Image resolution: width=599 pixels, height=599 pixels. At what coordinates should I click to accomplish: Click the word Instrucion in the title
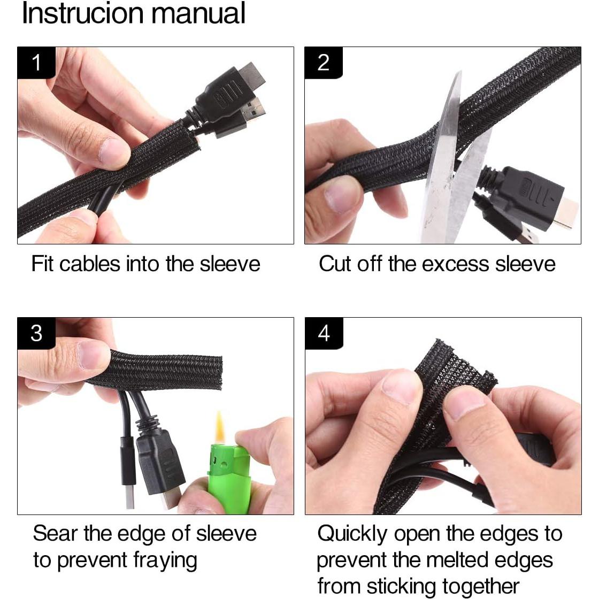(83, 13)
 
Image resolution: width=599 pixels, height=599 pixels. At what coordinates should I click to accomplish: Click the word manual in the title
(198, 13)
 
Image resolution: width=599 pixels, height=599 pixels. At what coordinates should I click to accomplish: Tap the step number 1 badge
(36, 63)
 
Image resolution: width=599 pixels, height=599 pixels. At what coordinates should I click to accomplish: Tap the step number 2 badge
(323, 63)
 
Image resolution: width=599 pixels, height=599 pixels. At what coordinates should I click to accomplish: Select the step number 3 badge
(36, 333)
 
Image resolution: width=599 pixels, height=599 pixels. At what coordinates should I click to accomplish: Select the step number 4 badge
(324, 333)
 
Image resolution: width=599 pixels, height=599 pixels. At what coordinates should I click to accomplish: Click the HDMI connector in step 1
(229, 94)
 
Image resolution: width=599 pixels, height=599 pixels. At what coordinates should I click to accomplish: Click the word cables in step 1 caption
(90, 264)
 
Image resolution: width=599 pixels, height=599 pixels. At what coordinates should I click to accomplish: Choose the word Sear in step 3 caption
(56, 533)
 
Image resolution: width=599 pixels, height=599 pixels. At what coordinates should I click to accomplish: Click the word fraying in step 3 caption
(165, 561)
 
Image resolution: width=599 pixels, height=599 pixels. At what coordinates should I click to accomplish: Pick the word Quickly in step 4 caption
(352, 534)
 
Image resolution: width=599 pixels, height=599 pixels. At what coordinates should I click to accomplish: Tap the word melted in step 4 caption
(457, 560)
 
